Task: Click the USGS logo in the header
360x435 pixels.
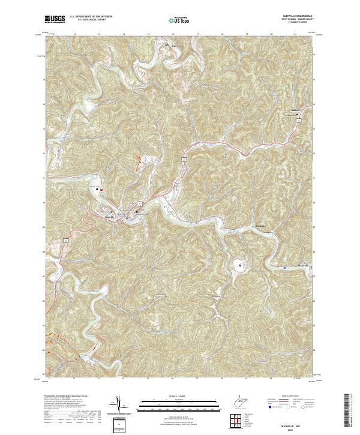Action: (x=55, y=19)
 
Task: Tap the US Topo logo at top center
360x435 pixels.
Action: (x=181, y=21)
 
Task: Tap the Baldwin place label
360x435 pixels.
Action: (x=295, y=112)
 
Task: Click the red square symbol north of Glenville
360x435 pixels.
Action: (x=101, y=190)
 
